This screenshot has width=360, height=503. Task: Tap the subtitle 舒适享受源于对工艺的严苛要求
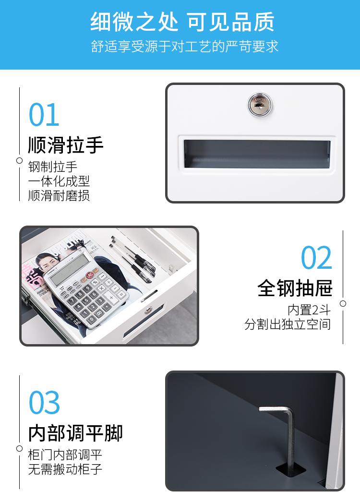(x=184, y=47)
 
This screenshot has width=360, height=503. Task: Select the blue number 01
(x=44, y=115)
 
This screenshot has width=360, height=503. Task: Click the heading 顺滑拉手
(x=65, y=145)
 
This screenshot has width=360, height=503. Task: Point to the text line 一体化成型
(x=59, y=181)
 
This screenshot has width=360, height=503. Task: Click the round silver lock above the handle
(x=260, y=104)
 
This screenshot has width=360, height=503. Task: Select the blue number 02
(x=316, y=258)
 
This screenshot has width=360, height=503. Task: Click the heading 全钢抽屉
(x=295, y=288)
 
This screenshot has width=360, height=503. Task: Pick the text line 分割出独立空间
(x=288, y=324)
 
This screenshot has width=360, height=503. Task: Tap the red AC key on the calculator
(x=90, y=275)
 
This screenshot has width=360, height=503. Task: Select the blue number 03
(x=44, y=403)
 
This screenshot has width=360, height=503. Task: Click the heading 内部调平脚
(x=75, y=433)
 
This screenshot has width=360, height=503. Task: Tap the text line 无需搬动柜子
(x=65, y=469)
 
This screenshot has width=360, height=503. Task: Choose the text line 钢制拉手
(x=53, y=167)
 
